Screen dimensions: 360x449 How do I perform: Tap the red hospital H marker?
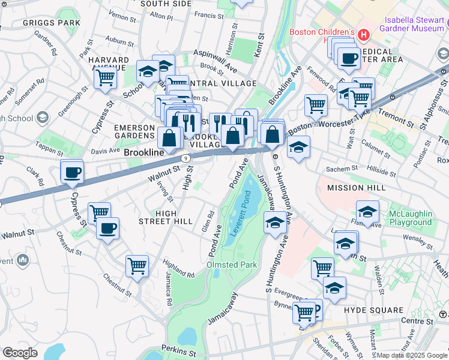point(363,35)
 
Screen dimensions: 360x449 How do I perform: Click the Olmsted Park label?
point(231,265)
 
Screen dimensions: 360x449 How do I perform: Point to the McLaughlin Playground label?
point(409,218)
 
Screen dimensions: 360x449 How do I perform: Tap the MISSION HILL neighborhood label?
point(356,188)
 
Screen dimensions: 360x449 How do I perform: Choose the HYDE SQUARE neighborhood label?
point(373,310)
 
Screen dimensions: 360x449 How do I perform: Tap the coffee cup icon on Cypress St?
point(73,172)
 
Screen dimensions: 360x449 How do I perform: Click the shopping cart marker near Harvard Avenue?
point(105,77)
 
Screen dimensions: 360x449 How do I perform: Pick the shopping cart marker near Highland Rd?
point(137,265)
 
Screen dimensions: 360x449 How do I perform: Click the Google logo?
point(20,353)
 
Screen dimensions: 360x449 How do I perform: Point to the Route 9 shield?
point(187,158)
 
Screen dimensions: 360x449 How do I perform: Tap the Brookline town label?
point(144,153)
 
